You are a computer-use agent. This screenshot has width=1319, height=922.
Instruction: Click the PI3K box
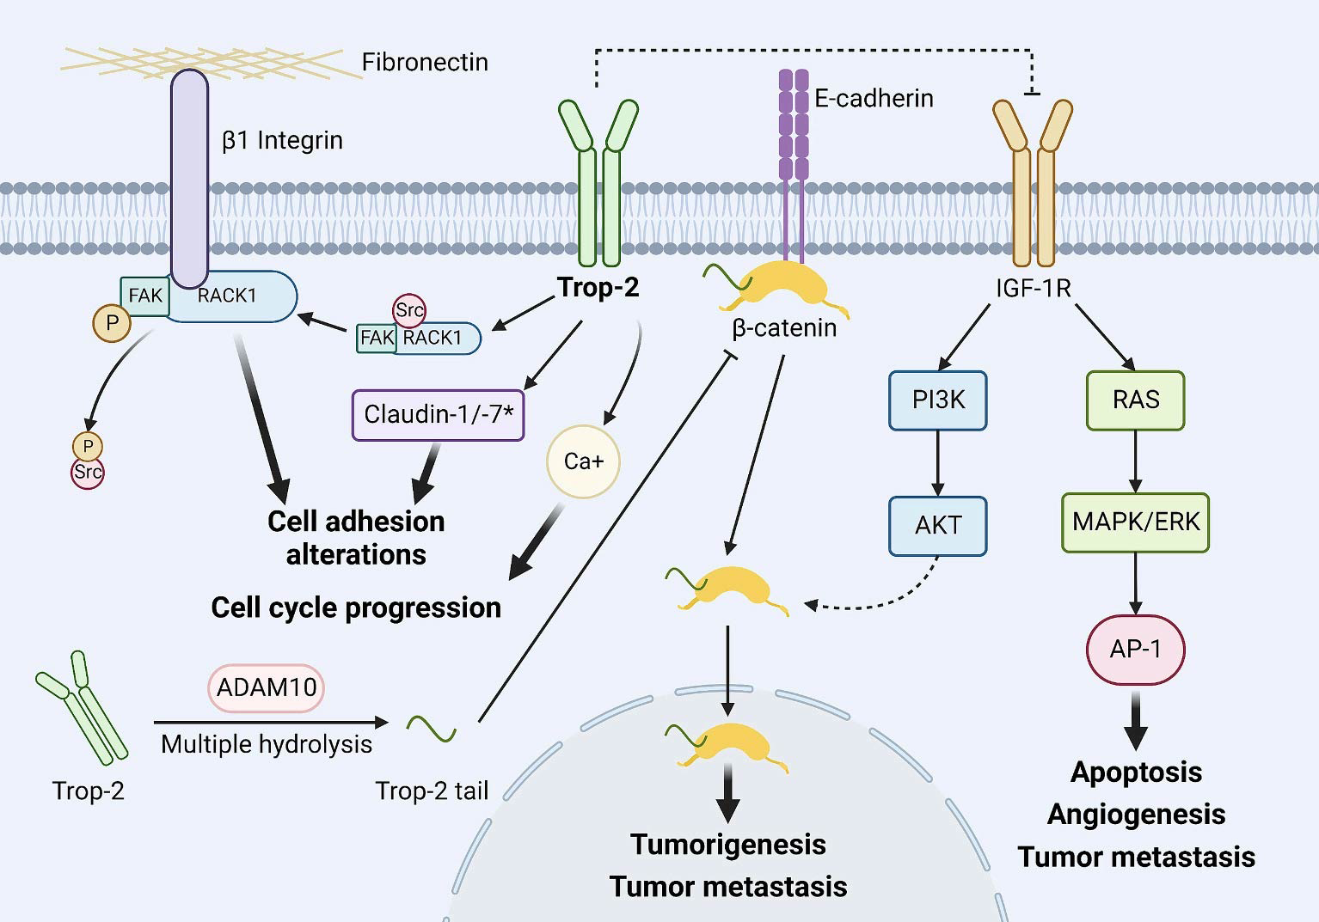[937, 400]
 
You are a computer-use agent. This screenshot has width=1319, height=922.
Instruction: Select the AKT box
[937, 525]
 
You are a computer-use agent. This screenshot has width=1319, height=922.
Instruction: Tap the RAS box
[1135, 400]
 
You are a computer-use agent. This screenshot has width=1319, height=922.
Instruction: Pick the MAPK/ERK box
[1135, 522]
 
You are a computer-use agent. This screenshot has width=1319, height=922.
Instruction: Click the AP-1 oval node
[1135, 649]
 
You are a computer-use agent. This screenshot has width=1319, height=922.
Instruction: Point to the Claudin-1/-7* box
[438, 415]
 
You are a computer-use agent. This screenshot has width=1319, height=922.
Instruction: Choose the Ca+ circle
[583, 461]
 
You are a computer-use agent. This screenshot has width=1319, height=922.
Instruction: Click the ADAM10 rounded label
[267, 687]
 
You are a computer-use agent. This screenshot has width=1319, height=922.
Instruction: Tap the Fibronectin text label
[425, 63]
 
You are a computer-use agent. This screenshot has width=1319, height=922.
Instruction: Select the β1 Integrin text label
[282, 140]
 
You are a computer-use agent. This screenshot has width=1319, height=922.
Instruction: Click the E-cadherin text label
[874, 99]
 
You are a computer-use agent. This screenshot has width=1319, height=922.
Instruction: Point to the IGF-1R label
[1033, 288]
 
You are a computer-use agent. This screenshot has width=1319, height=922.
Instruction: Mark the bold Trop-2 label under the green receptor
[598, 287]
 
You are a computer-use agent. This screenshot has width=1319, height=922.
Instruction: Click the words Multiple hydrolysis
[267, 744]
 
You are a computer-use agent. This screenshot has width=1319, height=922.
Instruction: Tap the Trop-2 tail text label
[432, 791]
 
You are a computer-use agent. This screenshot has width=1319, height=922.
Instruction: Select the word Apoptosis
[1136, 772]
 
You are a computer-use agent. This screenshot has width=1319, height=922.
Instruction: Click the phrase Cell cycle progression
[356, 608]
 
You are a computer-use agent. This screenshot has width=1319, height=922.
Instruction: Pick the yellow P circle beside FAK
[112, 324]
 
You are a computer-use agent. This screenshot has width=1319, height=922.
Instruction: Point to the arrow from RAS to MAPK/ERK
[1135, 461]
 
